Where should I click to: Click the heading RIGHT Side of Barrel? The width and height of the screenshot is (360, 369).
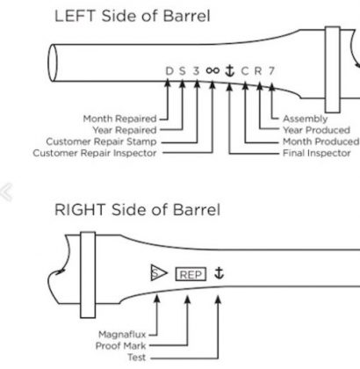[137, 210]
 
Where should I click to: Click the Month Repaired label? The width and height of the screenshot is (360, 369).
[119, 119]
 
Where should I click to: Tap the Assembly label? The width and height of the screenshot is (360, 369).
[305, 119]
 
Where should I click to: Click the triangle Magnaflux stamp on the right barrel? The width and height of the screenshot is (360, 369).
[158, 272]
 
